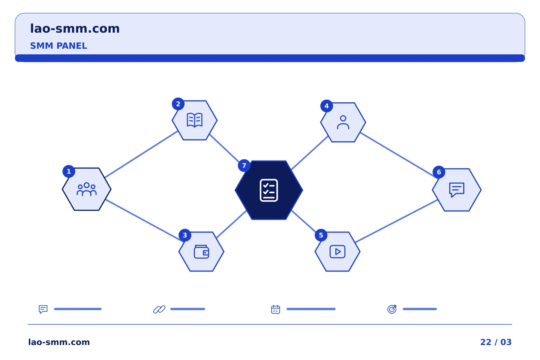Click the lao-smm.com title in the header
(x=75, y=29)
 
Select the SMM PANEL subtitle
(x=58, y=46)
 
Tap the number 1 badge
(x=69, y=171)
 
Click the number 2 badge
(x=178, y=104)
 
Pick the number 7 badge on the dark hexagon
(x=244, y=166)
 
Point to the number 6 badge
(x=439, y=172)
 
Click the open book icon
(x=195, y=120)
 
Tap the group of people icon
(x=87, y=189)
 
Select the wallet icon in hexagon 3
(x=201, y=252)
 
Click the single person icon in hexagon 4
(x=343, y=123)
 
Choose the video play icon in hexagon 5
(x=337, y=252)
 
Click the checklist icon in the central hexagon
(x=269, y=190)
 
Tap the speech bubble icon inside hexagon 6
(x=457, y=190)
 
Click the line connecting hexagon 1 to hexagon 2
(x=141, y=154)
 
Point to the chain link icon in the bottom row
(x=159, y=309)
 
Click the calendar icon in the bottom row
(x=276, y=309)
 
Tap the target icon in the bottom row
(x=392, y=309)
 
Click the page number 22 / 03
(x=496, y=342)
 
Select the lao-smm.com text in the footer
(x=59, y=342)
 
